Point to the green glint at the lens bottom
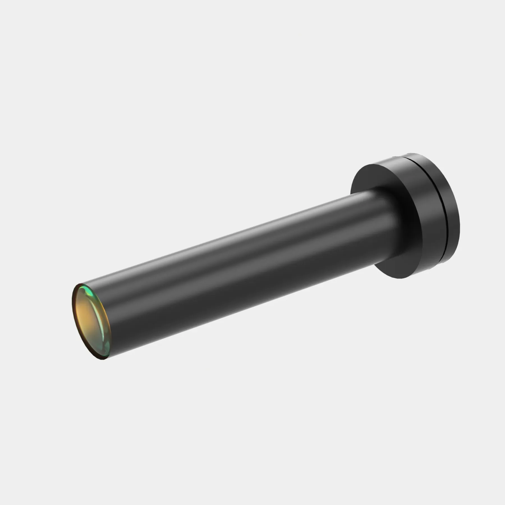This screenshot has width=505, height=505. click(x=106, y=352)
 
